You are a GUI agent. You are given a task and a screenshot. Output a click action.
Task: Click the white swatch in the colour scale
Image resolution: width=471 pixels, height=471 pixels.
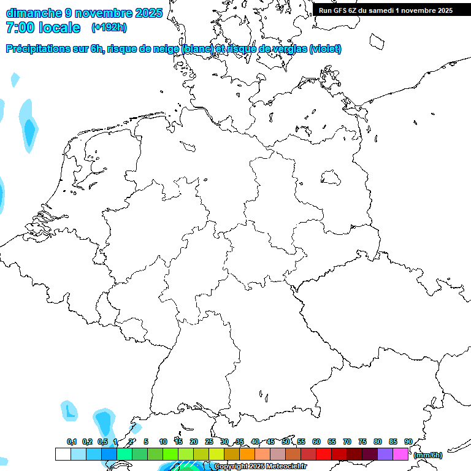pos(63,454)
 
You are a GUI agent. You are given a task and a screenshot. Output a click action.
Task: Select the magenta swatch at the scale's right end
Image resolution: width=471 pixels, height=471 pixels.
pos(400,454)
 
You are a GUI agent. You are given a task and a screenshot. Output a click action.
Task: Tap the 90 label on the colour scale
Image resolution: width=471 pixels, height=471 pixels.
pos(408,442)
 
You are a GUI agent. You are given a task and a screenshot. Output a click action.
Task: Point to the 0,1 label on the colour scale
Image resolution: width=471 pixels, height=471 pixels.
pos(72,442)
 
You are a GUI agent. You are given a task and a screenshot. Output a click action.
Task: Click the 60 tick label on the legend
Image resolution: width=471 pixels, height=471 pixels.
pos(316,442)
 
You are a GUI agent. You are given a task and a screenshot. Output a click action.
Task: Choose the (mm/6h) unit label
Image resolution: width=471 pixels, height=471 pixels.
pos(428,455)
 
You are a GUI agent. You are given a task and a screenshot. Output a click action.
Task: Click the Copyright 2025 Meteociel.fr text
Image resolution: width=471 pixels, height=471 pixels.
pos(260,467)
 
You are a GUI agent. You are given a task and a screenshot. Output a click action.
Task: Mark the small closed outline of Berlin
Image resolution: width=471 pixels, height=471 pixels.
pos(331,178)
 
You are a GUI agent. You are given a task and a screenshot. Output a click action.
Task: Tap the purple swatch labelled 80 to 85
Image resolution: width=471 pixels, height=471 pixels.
pos(385,454)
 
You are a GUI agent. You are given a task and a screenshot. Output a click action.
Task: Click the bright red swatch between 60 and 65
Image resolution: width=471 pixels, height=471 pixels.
pos(324,454)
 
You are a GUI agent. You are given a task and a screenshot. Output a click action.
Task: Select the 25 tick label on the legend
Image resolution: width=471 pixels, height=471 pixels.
pos(209,442)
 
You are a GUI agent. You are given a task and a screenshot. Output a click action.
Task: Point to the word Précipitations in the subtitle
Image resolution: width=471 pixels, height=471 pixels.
pos(37,49)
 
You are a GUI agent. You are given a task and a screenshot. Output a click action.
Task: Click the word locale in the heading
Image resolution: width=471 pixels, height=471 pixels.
pos(59,28)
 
